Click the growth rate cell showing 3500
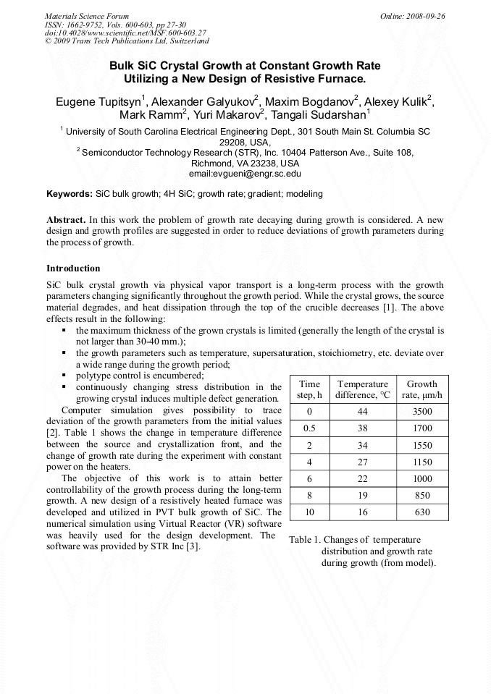[x=422, y=411]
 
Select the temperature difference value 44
[x=362, y=411]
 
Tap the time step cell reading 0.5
[x=309, y=428]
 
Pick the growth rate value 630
[x=422, y=512]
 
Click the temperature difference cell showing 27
[x=362, y=462]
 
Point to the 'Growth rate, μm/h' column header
[x=422, y=390]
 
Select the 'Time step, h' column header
[x=309, y=390]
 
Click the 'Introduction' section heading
[x=73, y=268]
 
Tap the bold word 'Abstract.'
[x=67, y=219]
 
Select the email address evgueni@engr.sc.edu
[x=245, y=174]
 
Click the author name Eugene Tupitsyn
[x=98, y=101]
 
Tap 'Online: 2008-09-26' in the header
[x=412, y=16]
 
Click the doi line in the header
[x=125, y=33]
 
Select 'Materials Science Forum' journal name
[x=87, y=16]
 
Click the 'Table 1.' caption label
[x=305, y=540]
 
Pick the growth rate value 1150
[x=422, y=462]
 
